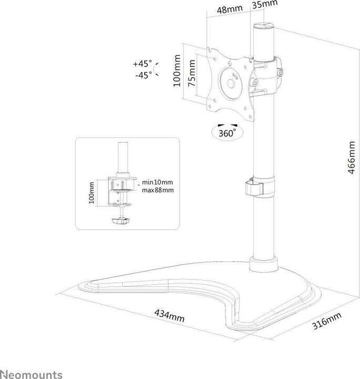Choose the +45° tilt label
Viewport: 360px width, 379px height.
point(143,64)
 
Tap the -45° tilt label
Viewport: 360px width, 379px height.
point(143,75)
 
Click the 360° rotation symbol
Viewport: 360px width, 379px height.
point(224,132)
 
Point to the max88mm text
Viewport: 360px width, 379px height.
point(157,190)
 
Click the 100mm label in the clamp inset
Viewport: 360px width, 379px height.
point(93,193)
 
